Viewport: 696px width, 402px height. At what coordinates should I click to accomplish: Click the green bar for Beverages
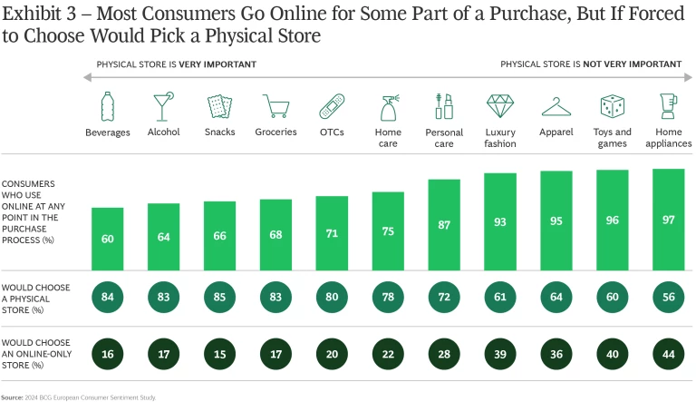(107, 238)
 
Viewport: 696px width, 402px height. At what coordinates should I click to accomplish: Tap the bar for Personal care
(444, 223)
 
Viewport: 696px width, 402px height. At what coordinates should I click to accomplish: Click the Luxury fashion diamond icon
(500, 106)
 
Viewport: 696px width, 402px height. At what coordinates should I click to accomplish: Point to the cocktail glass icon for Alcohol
(163, 106)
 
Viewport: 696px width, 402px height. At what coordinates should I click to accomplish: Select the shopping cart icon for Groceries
(275, 106)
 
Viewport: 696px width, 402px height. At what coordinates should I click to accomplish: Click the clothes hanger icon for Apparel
(556, 106)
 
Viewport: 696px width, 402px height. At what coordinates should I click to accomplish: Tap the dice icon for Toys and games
(613, 106)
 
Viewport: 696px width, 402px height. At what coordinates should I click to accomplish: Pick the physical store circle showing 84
(107, 298)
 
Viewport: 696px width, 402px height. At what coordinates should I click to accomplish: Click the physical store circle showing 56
(669, 298)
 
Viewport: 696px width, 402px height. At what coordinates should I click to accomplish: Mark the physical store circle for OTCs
(332, 298)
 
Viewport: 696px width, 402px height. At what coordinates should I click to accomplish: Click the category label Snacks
(219, 132)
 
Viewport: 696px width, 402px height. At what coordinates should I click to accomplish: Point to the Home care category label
(388, 137)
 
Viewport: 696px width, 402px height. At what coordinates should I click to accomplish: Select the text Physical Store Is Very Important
(177, 64)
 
